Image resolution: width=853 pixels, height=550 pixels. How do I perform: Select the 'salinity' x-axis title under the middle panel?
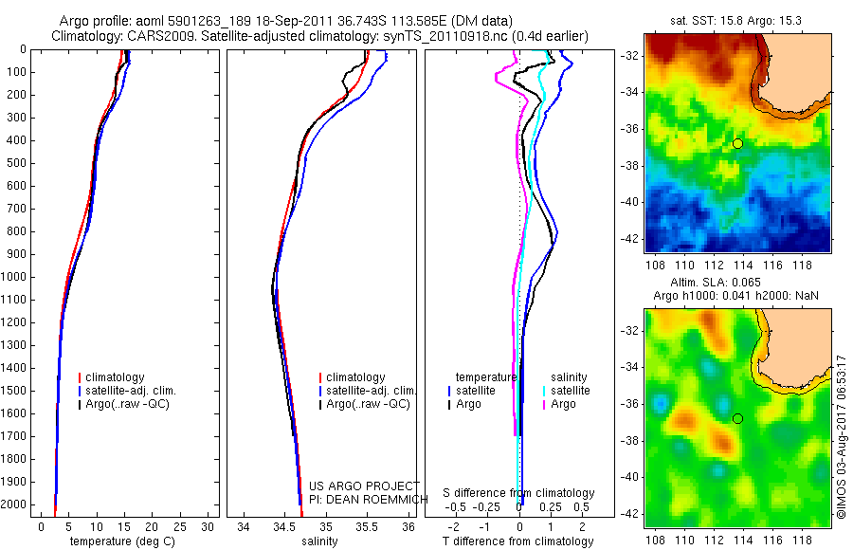click(x=318, y=541)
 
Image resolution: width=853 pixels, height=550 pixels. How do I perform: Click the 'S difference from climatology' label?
click(x=519, y=493)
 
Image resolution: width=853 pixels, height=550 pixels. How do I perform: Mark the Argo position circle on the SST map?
click(x=737, y=143)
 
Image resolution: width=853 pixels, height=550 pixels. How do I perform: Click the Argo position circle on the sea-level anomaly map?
click(x=737, y=418)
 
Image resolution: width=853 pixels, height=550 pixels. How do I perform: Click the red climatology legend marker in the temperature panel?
click(x=81, y=377)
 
